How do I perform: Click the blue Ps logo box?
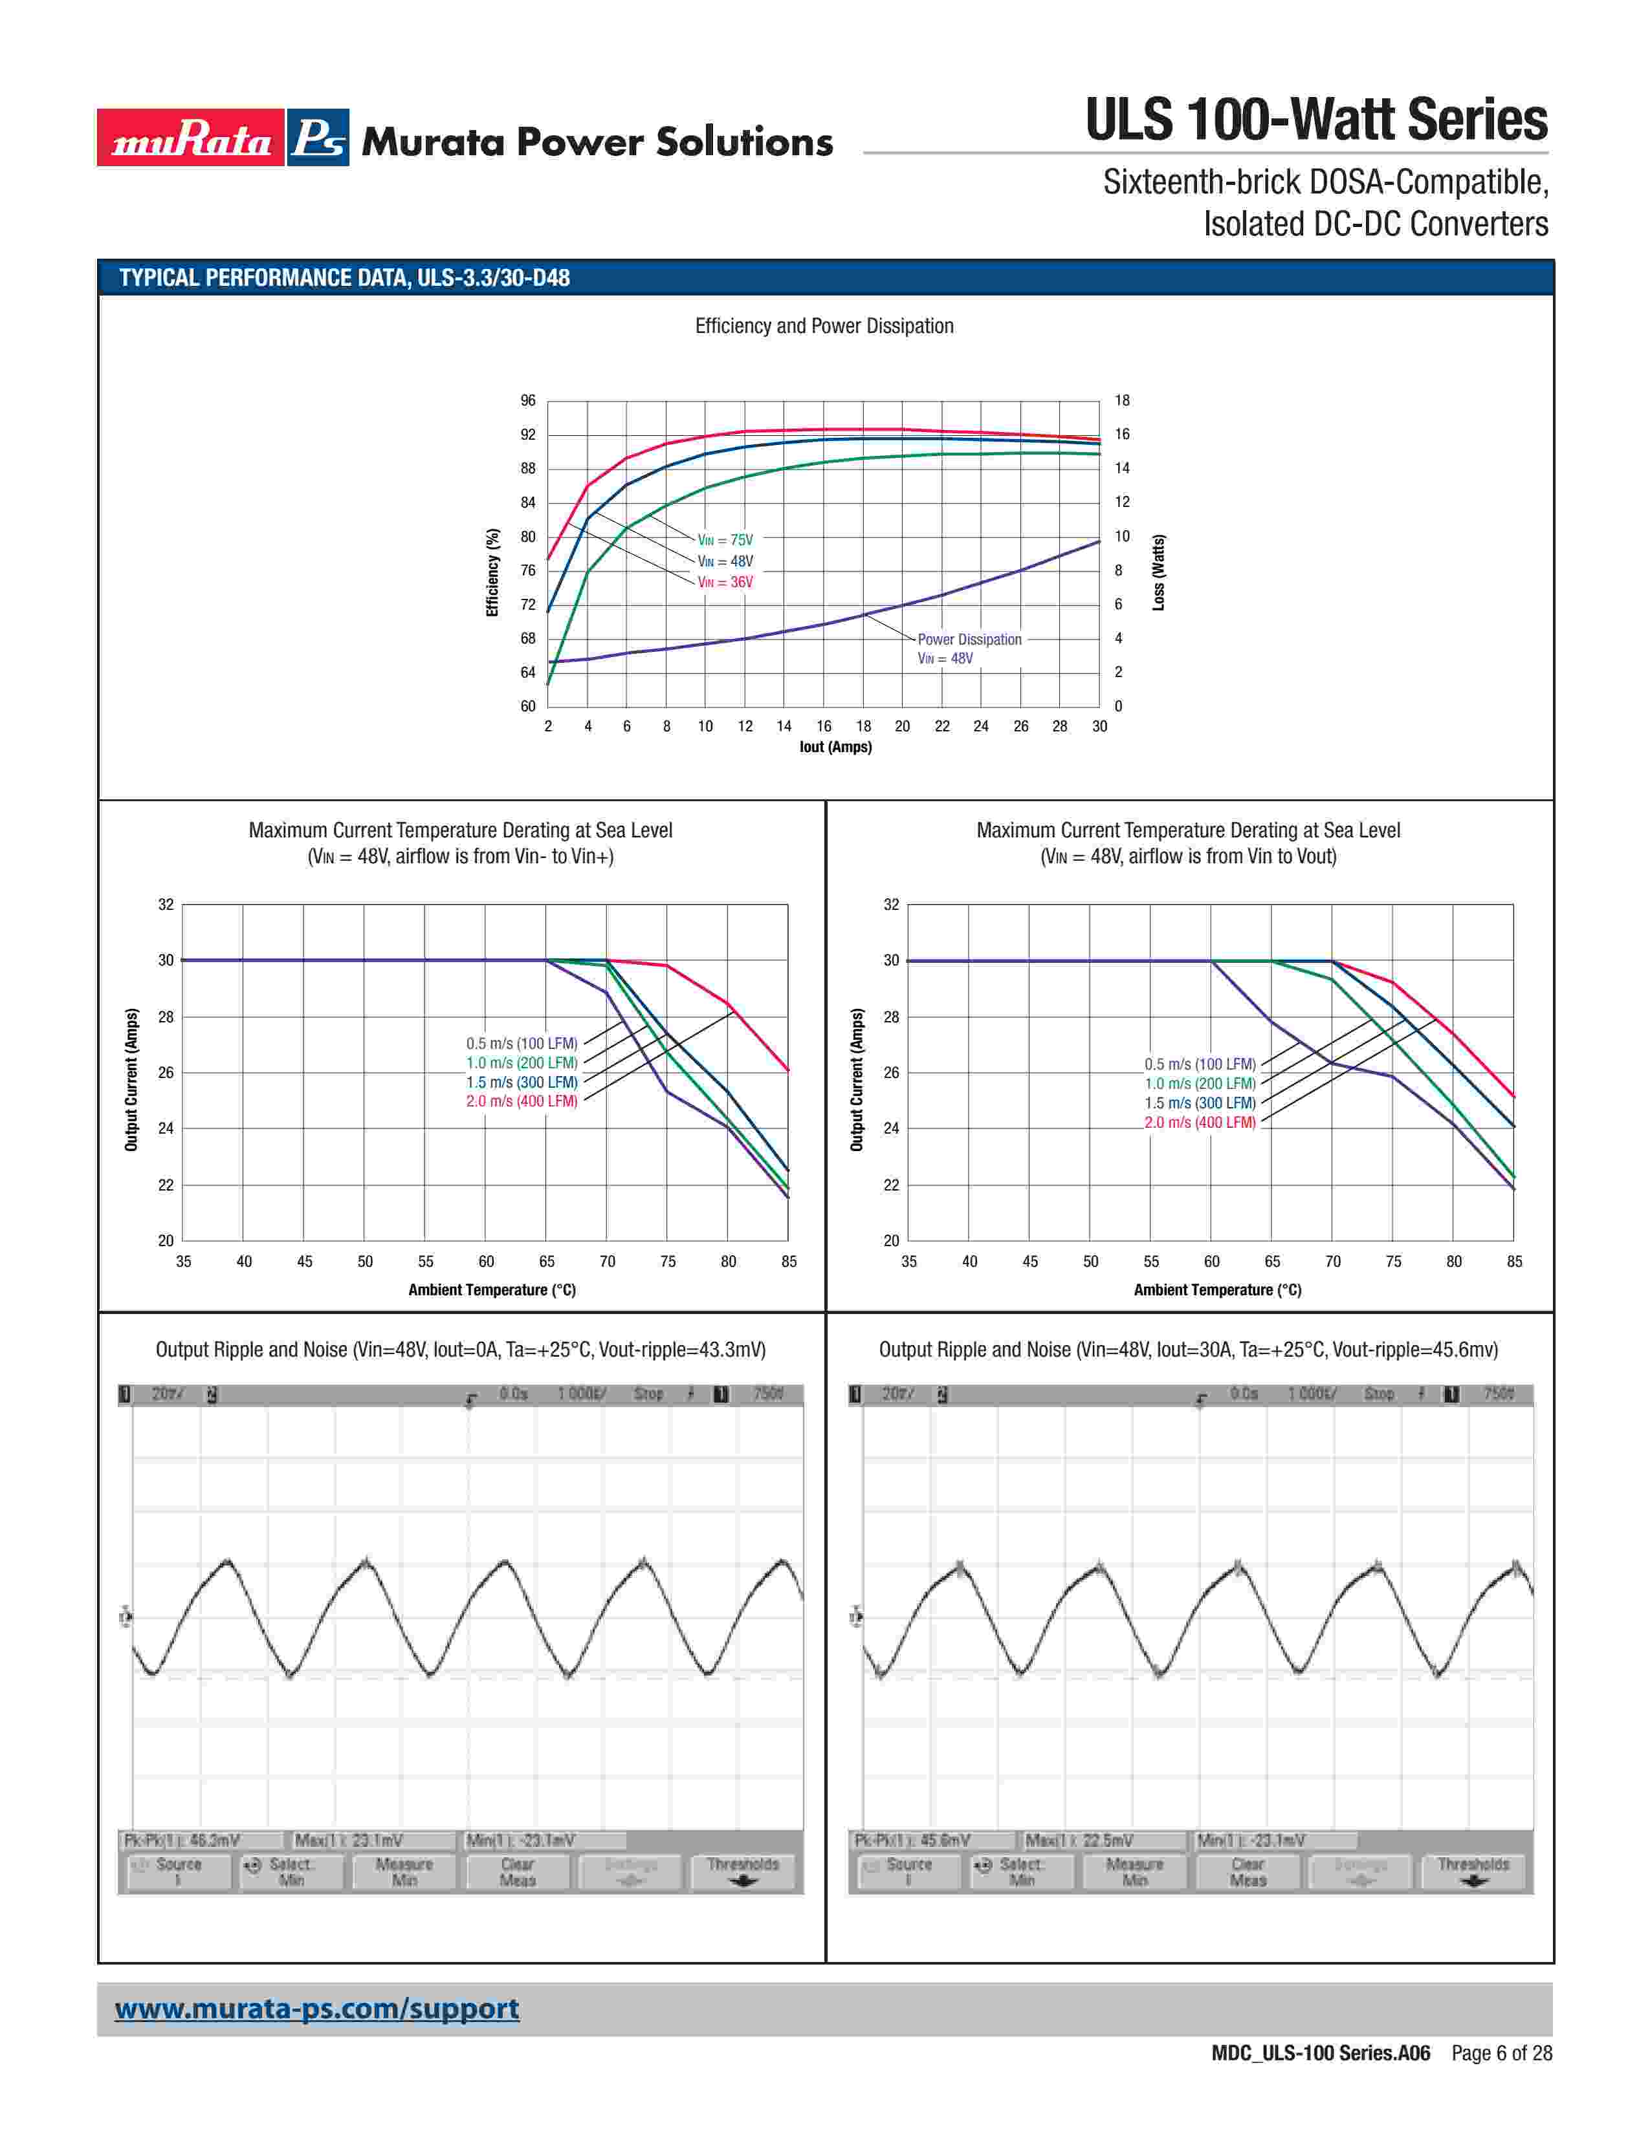coord(318,138)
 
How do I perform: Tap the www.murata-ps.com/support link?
coord(316,2009)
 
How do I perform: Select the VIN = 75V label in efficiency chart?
coord(724,539)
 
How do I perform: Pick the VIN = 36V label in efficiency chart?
coord(724,583)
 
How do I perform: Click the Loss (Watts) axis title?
coord(1158,572)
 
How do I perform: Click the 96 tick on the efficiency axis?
coord(528,401)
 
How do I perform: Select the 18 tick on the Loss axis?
coord(1122,401)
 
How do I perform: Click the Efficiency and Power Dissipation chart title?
coord(824,327)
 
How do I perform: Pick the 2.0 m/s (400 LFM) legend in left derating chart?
coord(521,1101)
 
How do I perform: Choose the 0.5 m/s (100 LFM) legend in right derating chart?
coord(1200,1064)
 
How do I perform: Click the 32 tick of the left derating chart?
coord(166,905)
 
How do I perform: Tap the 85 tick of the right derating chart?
coord(1514,1262)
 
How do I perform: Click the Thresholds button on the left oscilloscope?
coord(743,1871)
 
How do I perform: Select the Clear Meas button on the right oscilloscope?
coord(1248,1871)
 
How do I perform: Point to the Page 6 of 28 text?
coord(1501,2053)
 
